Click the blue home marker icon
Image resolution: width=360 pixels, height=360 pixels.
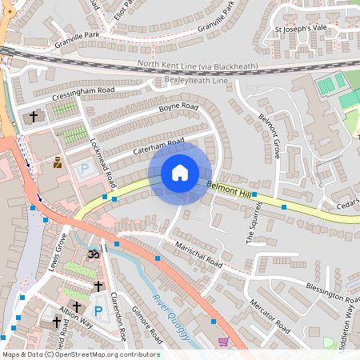[180, 173]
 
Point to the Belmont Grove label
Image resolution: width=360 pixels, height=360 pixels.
[270, 135]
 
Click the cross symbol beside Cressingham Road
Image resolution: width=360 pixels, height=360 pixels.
[34, 117]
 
